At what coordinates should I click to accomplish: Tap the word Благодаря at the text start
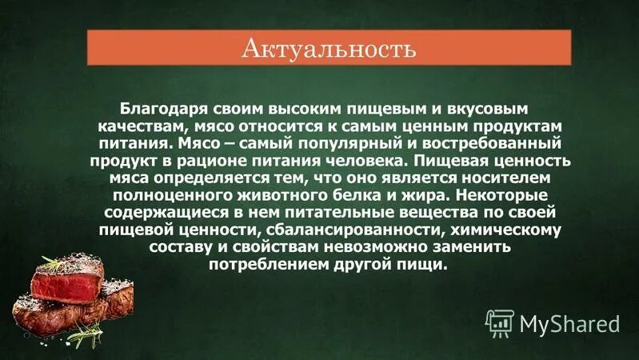[159, 107]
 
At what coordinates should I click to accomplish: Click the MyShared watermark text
[570, 323]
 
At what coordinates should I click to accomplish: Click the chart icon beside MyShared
[499, 323]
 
